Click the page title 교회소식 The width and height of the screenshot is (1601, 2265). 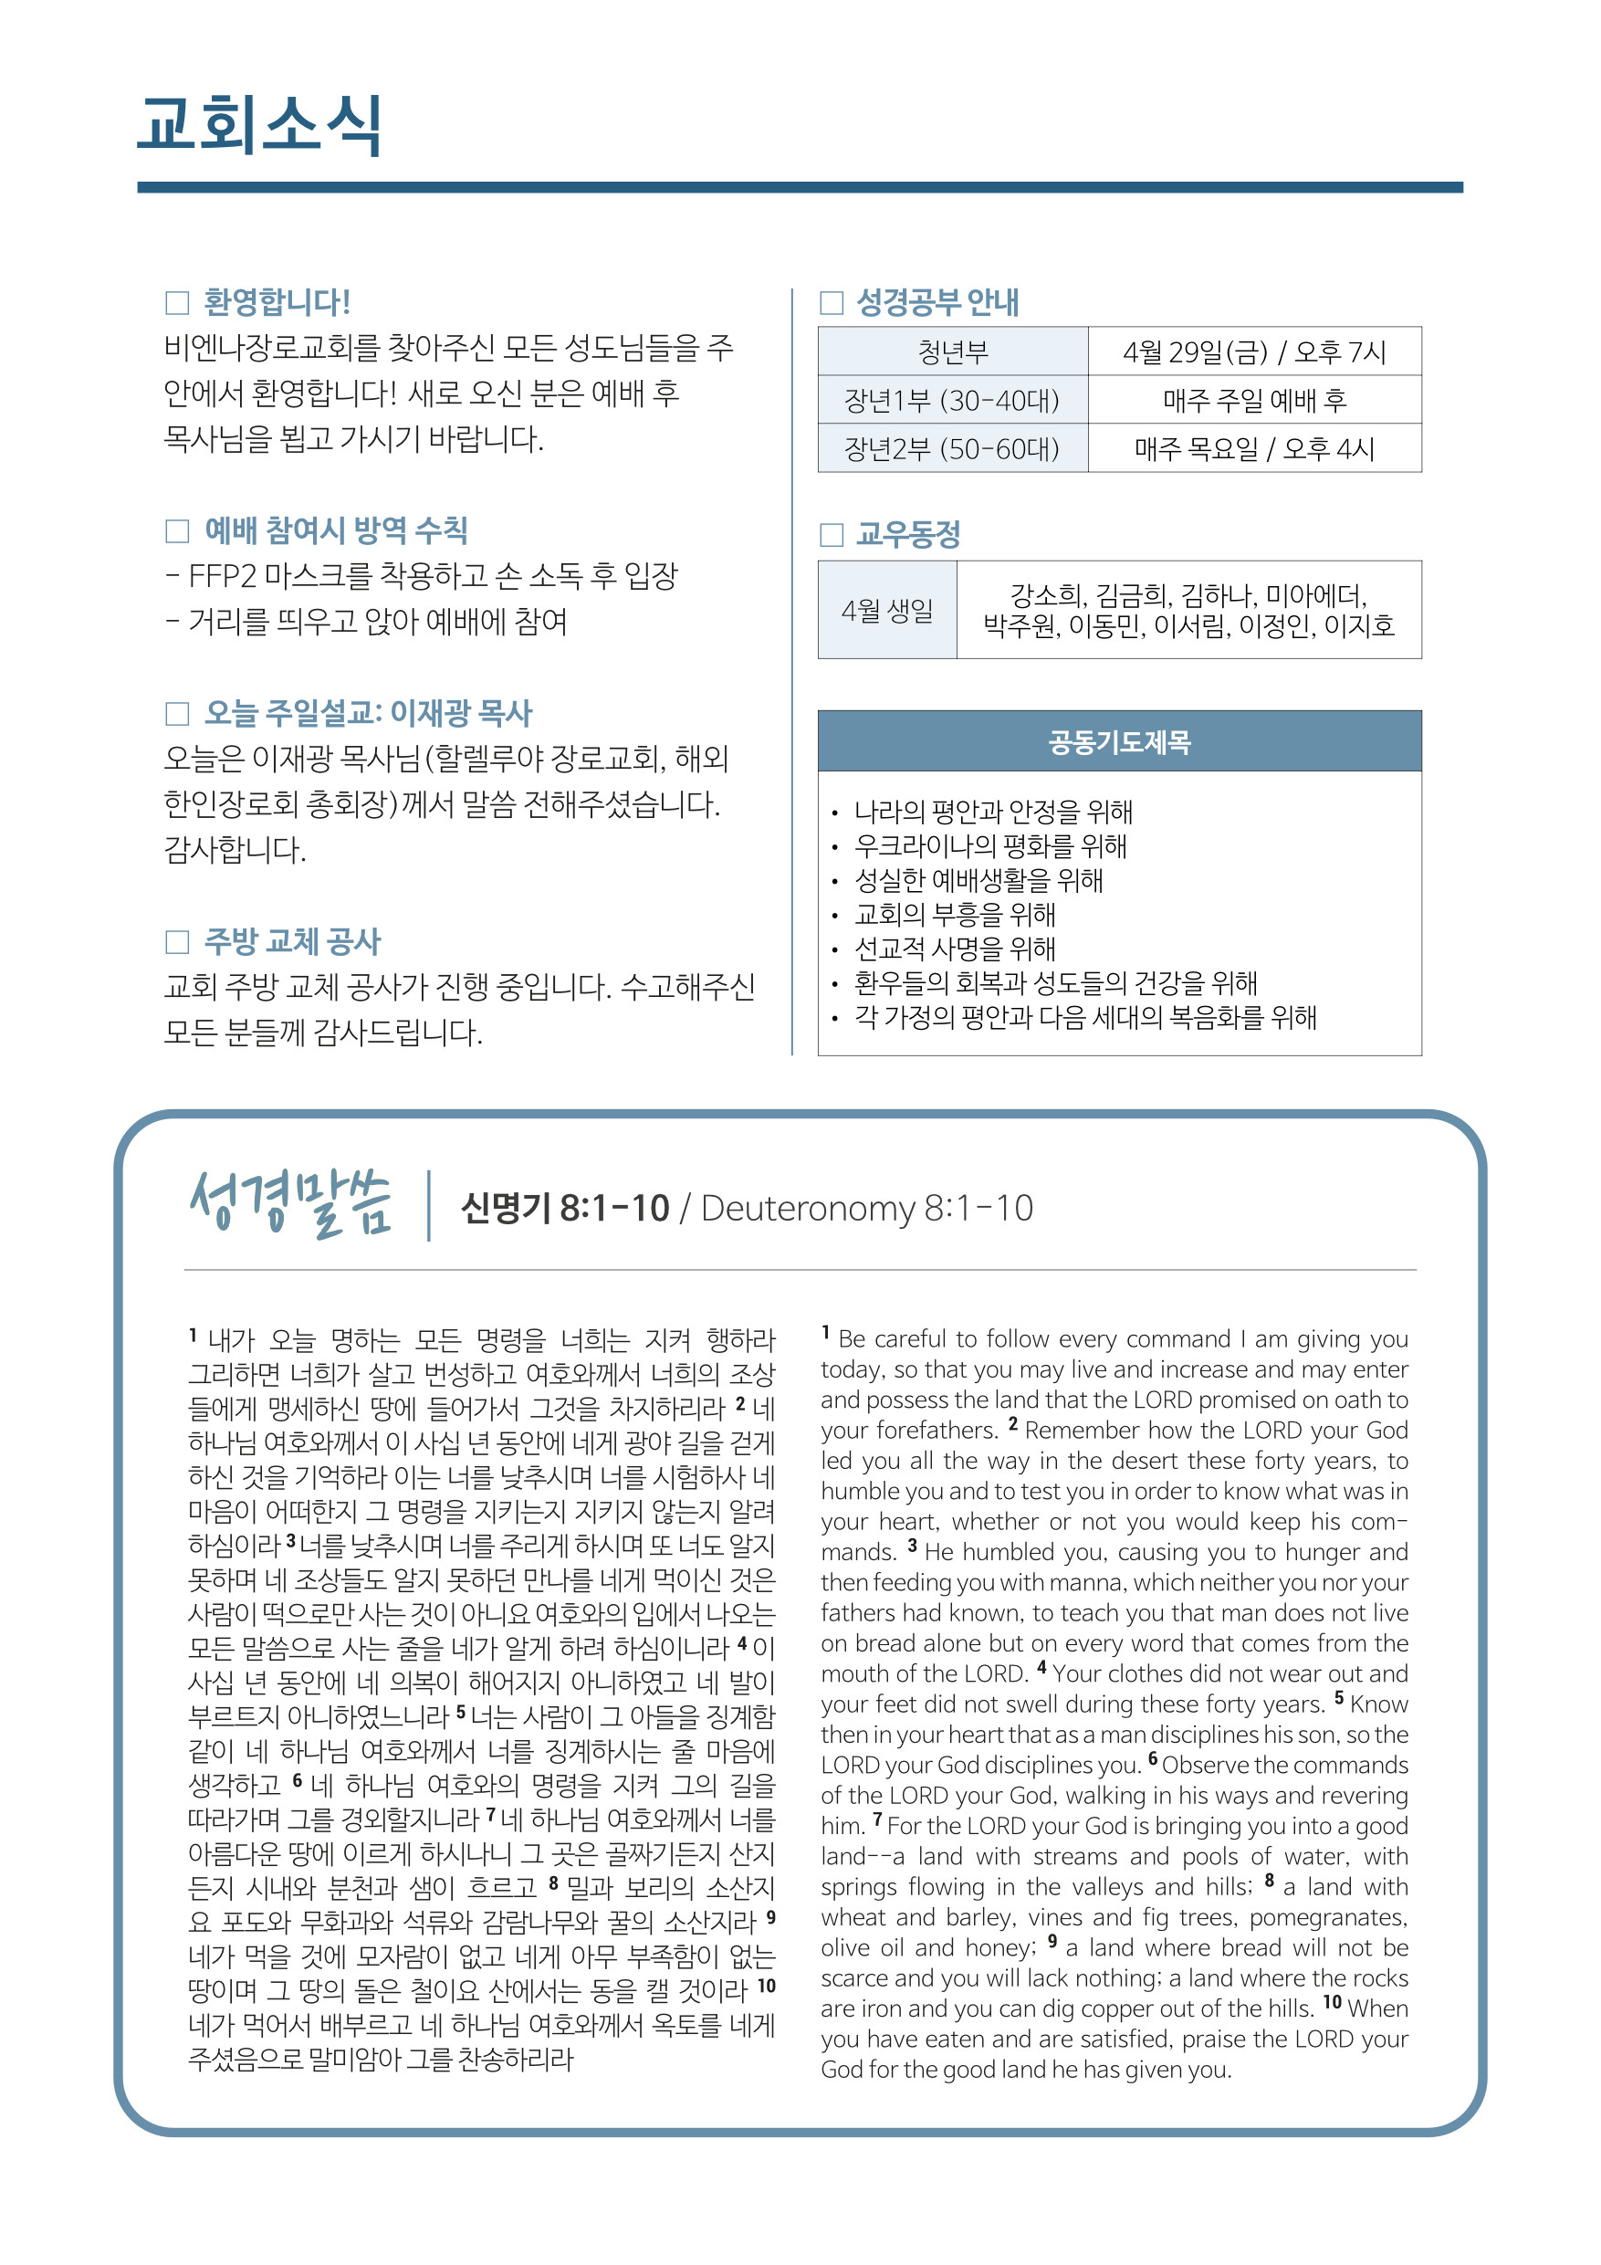(x=259, y=125)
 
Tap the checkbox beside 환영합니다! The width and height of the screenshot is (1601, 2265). (x=178, y=302)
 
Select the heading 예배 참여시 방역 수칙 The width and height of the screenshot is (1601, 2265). (x=335, y=530)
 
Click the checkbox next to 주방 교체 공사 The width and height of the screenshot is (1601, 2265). (x=178, y=942)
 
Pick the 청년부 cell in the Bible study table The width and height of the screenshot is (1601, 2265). (x=953, y=352)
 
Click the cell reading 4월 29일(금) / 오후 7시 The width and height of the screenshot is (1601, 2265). (x=1254, y=352)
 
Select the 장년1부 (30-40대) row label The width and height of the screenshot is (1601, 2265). (x=953, y=401)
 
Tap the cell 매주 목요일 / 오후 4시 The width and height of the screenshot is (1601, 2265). (x=1254, y=449)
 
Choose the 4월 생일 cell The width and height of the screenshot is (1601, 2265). (x=887, y=611)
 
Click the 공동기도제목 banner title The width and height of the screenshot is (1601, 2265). (x=1120, y=742)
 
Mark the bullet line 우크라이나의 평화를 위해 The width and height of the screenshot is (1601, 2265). (x=990, y=846)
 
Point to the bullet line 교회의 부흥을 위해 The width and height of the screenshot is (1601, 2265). (x=955, y=915)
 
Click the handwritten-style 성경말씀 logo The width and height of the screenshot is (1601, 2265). (x=291, y=1203)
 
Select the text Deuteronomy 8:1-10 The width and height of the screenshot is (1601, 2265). (x=867, y=1209)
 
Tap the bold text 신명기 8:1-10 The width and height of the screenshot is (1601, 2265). (x=565, y=1209)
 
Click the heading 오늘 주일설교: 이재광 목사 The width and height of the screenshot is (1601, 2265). (x=368, y=713)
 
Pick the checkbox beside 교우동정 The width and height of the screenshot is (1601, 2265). (x=832, y=536)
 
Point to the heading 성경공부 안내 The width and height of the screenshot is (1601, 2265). (x=937, y=302)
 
